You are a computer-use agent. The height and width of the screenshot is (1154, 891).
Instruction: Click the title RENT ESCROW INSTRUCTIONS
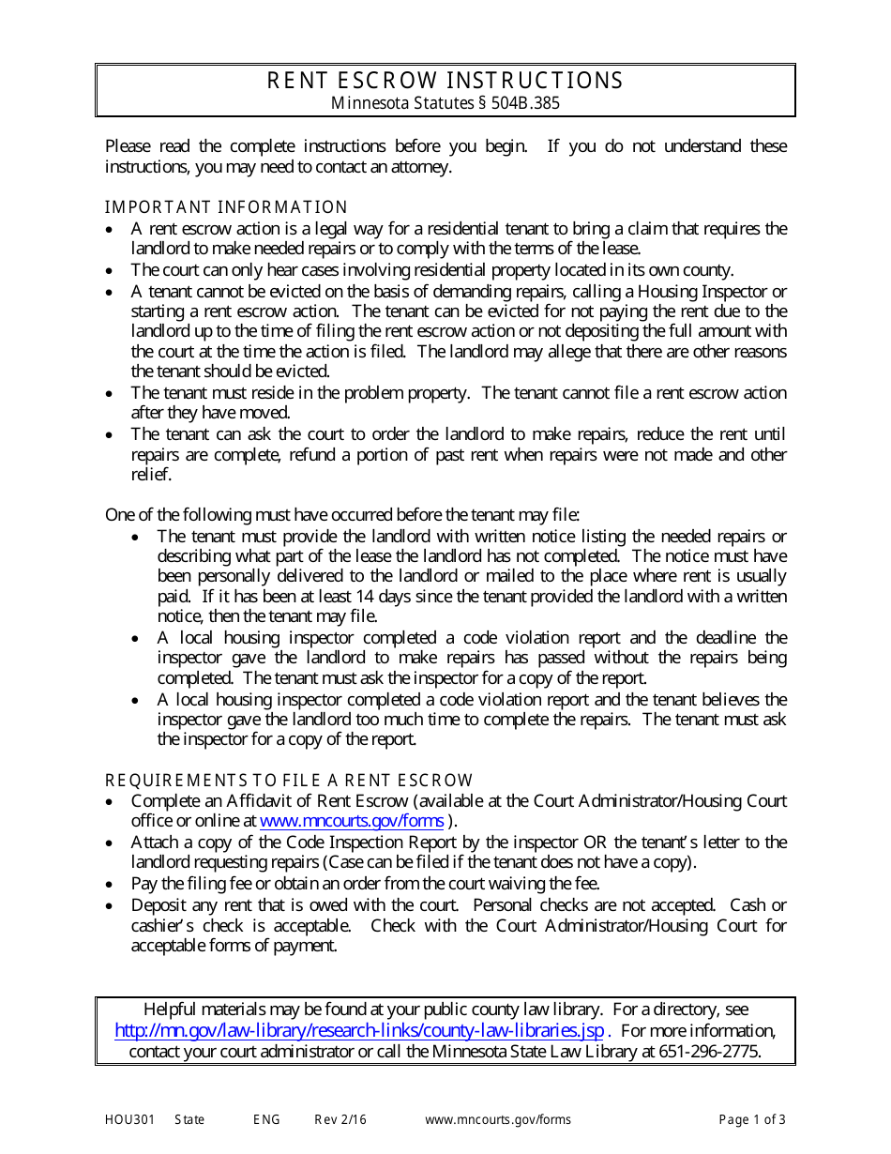[445, 81]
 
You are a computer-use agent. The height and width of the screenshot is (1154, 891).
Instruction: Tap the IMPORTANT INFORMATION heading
[226, 207]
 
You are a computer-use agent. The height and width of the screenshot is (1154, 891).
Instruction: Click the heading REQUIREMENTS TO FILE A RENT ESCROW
[289, 781]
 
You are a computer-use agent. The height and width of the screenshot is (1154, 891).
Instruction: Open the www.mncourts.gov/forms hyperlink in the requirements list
[352, 822]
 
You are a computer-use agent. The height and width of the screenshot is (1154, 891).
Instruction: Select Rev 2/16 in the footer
[340, 1119]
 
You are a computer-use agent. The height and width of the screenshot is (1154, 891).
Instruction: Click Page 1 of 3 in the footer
[752, 1119]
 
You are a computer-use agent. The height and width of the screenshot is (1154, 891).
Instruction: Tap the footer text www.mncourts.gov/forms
[498, 1119]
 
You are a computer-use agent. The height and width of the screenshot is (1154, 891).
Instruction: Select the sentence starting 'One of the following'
[342, 514]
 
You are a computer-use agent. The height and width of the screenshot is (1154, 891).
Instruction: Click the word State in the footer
[189, 1119]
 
